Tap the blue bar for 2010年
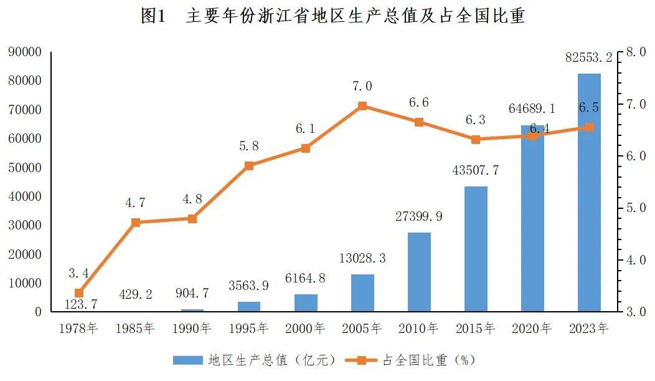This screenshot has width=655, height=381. point(419,272)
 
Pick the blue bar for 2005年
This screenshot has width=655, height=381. point(362,292)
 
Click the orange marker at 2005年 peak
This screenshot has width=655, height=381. point(362,106)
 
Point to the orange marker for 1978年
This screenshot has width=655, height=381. point(79,293)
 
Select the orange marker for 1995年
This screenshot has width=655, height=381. point(249,166)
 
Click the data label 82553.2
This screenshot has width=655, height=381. point(588,58)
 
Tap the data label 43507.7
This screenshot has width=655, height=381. point(476,170)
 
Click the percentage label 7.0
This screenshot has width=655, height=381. point(362,86)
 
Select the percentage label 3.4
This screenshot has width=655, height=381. point(78,273)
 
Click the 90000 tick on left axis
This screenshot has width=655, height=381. point(25,52)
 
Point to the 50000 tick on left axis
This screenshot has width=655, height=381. point(25,168)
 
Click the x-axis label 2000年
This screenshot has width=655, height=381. point(306,328)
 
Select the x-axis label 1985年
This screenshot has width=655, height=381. point(135,328)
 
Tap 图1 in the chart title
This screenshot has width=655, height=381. point(154,16)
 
